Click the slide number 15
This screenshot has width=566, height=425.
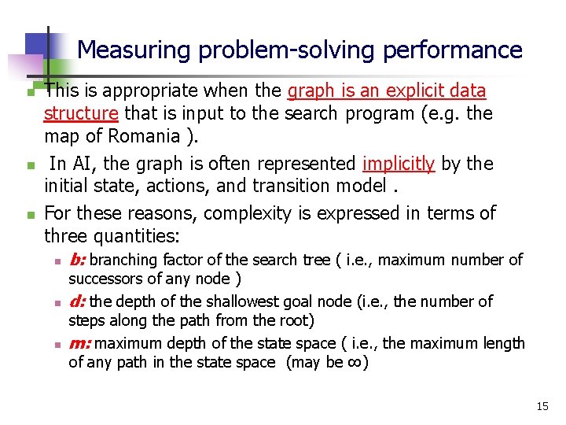click(x=542, y=406)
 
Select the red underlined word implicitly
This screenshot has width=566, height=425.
click(x=399, y=164)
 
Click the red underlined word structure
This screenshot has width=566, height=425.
click(x=81, y=113)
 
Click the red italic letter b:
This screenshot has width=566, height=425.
click(x=78, y=260)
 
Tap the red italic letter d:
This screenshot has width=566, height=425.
click(x=78, y=301)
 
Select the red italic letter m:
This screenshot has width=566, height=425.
click(x=80, y=343)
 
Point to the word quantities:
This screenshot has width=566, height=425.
click(x=138, y=236)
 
